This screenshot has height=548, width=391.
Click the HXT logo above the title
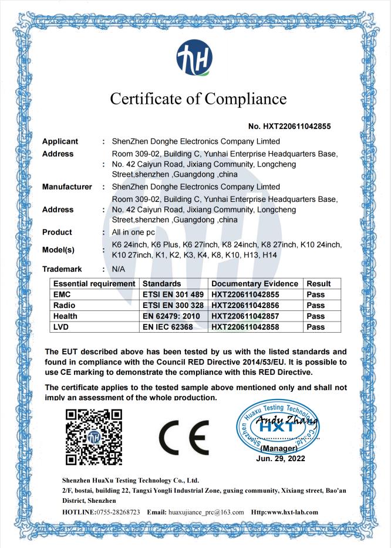click(x=196, y=59)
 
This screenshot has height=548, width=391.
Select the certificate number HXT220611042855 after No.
click(x=294, y=126)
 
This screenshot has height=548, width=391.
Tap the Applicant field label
click(x=61, y=141)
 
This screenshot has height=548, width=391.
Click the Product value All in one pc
click(x=136, y=232)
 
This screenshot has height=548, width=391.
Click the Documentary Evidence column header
click(x=255, y=284)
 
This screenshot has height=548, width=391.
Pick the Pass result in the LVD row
click(x=315, y=326)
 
